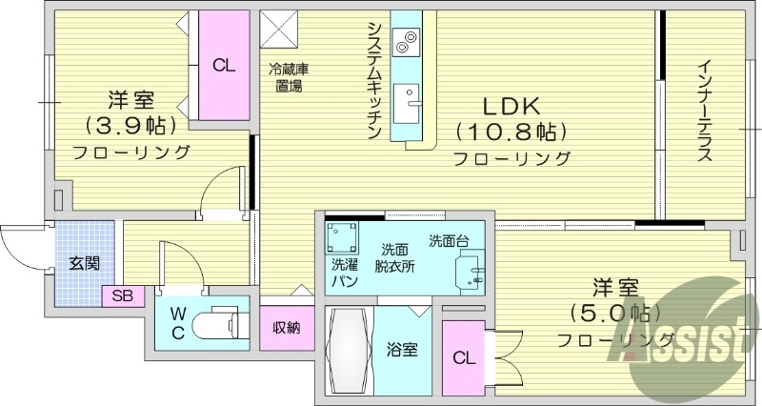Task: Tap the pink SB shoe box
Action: pos(122,295)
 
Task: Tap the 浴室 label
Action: pos(401,349)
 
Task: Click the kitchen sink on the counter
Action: pos(413,98)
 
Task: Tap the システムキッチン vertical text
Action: pos(374,81)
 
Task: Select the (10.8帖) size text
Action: pos(511,131)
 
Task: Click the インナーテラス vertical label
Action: pos(704,112)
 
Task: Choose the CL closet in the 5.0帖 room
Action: pos(464,358)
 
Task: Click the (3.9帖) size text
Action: pos(127,125)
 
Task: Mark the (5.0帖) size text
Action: pos(615,313)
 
